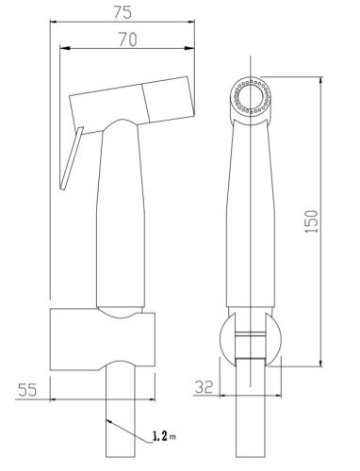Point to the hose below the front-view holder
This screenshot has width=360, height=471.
pyautogui.click(x=252, y=414)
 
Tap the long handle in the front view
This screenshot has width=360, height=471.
pyautogui.click(x=252, y=217)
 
